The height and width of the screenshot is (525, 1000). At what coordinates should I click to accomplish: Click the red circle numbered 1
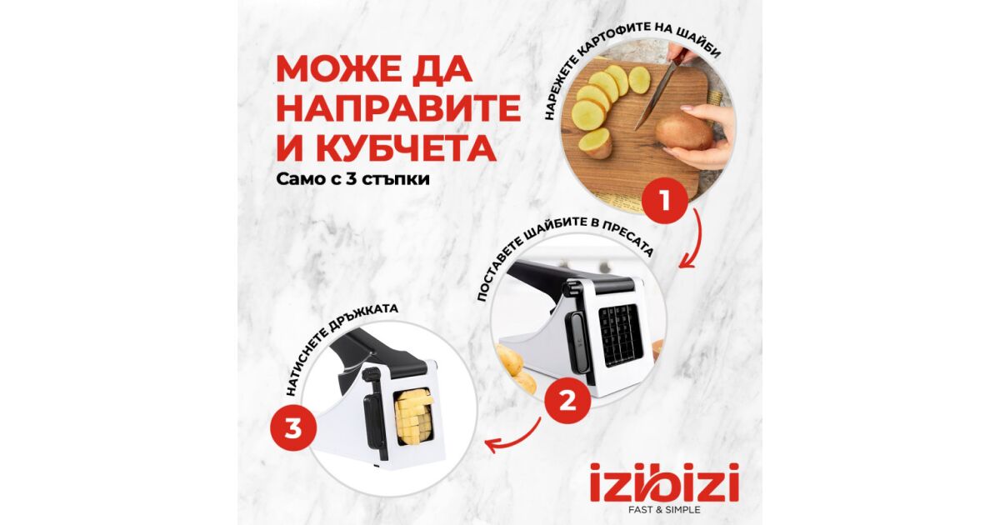665,201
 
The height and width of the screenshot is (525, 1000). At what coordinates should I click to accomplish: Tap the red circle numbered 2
567,401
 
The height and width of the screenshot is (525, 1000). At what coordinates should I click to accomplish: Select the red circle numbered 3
293,430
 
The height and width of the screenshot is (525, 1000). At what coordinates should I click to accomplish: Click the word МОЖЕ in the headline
347,70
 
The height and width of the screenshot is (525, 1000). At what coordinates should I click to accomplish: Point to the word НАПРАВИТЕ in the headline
398,108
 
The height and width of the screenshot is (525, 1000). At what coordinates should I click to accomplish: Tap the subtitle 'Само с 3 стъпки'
352,179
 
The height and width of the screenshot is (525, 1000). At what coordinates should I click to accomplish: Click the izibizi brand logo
664,482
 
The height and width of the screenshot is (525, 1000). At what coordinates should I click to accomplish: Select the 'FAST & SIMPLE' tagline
664,510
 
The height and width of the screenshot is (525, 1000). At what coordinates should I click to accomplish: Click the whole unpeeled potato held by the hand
683,132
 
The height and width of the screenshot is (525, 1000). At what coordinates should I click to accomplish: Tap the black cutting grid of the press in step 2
620,335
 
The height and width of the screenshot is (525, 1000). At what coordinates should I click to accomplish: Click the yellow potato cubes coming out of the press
413,417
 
